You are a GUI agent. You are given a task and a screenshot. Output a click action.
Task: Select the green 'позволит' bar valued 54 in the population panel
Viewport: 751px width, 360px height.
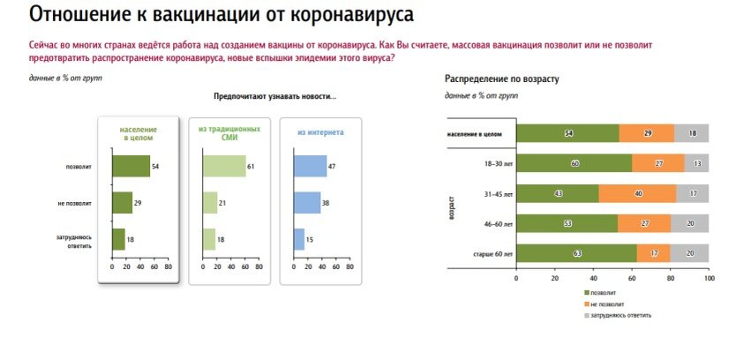[131, 166]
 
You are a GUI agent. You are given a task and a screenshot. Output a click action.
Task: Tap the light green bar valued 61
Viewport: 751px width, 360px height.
[224, 166]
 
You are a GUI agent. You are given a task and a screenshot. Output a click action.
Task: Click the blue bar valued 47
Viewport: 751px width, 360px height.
[310, 166]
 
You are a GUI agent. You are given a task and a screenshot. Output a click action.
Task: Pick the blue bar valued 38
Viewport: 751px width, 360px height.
[306, 203]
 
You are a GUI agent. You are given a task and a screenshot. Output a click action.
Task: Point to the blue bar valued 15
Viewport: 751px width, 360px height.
[298, 239]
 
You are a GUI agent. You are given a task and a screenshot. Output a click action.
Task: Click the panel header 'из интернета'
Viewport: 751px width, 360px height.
[320, 132]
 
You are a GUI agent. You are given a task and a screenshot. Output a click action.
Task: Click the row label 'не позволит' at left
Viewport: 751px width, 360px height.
[77, 204]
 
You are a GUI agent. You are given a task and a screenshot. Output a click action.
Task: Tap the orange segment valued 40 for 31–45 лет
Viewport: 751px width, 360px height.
[638, 193]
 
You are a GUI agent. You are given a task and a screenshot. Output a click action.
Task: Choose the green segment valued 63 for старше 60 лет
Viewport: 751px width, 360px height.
[576, 254]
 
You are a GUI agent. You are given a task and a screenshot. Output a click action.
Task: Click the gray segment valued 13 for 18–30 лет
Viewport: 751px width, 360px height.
[696, 163]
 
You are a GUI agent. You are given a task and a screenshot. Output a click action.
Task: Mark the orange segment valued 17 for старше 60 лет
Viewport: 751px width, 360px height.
[653, 254]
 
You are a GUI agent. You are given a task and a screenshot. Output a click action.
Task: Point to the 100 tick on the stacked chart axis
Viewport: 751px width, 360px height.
[709, 278]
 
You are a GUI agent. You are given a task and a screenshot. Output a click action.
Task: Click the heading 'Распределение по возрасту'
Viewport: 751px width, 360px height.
[501, 79]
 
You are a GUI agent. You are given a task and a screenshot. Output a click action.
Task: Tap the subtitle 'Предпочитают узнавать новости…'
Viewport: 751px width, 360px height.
[274, 96]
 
